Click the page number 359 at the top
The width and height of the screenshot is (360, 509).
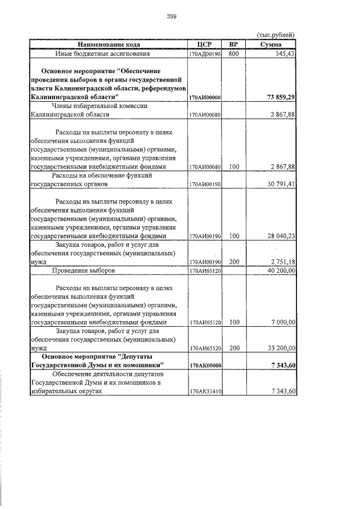(172, 17)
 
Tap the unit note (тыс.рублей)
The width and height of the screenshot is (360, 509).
(275, 35)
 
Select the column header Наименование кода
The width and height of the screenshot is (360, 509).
(109, 44)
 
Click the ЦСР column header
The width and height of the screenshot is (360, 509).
(204, 44)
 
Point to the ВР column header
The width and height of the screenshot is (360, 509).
(234, 44)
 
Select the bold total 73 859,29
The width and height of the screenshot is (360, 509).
(280, 97)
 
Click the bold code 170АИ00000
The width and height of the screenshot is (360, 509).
(204, 98)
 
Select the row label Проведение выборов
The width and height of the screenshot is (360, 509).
(84, 271)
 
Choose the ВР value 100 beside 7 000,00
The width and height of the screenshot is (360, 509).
(234, 322)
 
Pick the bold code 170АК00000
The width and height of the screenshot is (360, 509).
(204, 366)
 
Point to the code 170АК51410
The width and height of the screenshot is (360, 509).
(204, 391)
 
